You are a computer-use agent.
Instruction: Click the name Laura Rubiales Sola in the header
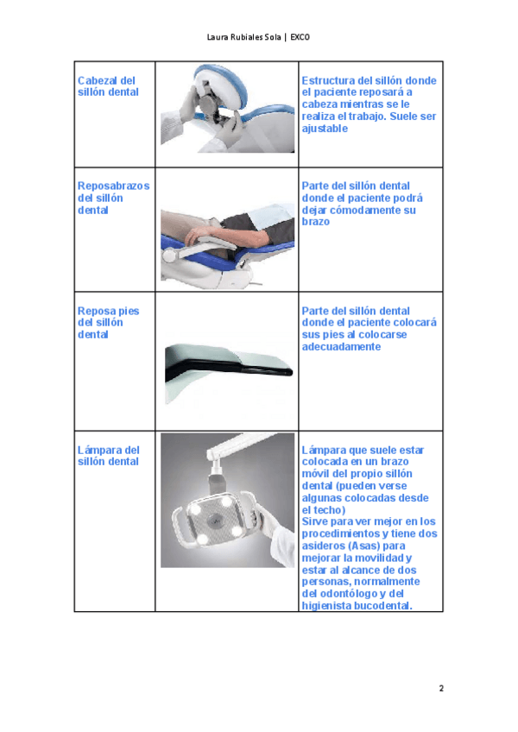[x=243, y=37]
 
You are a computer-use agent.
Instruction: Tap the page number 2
[x=441, y=688]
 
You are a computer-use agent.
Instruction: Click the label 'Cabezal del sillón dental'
[x=108, y=86]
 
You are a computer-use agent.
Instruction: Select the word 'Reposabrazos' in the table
[x=113, y=186]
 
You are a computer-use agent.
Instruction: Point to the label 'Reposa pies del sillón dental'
[x=109, y=323]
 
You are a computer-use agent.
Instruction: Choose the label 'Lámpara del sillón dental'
[x=109, y=456]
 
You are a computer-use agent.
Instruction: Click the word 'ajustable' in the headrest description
[x=325, y=129]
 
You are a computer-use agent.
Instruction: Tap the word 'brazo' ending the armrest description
[x=315, y=222]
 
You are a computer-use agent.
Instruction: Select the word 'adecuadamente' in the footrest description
[x=341, y=347]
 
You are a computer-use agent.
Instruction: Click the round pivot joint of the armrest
[x=168, y=256]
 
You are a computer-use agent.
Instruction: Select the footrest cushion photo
[x=229, y=373]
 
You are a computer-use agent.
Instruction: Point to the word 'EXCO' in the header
[x=300, y=37]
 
